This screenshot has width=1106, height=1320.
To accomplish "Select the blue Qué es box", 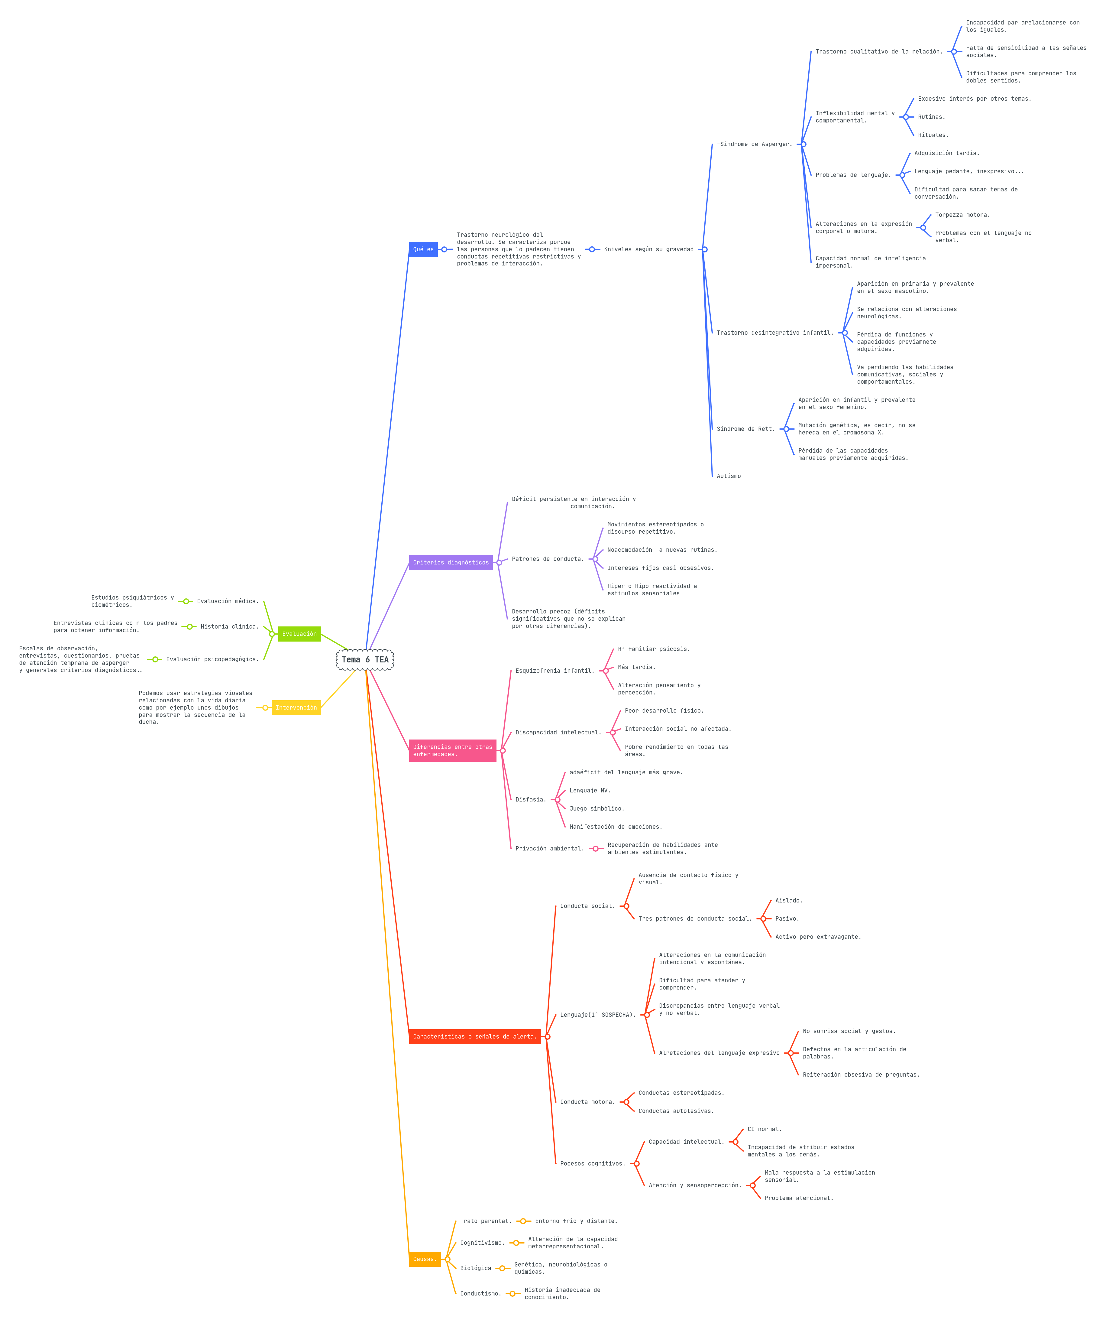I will pos(423,249).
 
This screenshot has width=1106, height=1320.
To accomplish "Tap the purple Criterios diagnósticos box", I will pos(451,563).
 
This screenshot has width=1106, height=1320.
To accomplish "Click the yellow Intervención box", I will pos(296,708).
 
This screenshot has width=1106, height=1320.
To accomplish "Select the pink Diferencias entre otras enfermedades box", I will pos(452,750).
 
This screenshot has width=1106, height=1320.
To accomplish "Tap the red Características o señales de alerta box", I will pos(474,1036).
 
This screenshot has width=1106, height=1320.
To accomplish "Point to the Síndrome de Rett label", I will pos(745,429).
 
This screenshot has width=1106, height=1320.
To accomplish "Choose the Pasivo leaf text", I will pos(787,918).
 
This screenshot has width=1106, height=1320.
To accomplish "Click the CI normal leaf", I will pos(764,1129).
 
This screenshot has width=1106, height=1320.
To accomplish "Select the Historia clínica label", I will pos(229,627).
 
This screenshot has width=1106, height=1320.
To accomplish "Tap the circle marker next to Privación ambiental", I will pos(595,849).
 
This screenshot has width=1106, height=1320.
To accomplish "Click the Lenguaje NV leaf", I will pos(590,791).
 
